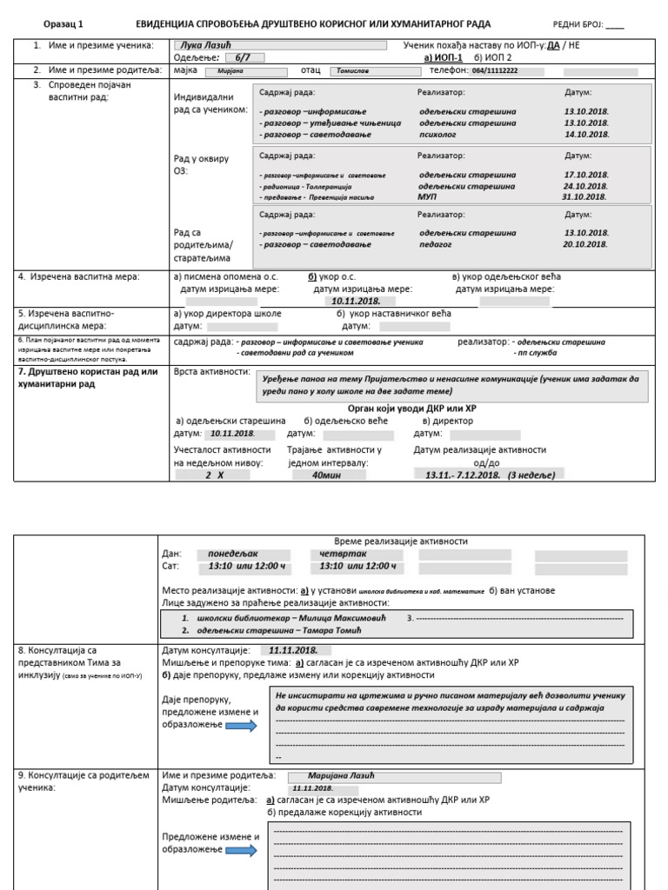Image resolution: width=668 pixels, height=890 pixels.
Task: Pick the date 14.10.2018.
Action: (x=586, y=135)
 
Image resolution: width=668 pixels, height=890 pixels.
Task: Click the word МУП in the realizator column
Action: (x=427, y=196)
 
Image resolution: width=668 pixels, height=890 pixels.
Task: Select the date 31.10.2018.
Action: (x=585, y=196)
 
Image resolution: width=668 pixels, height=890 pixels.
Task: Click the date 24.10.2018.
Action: (x=585, y=186)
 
